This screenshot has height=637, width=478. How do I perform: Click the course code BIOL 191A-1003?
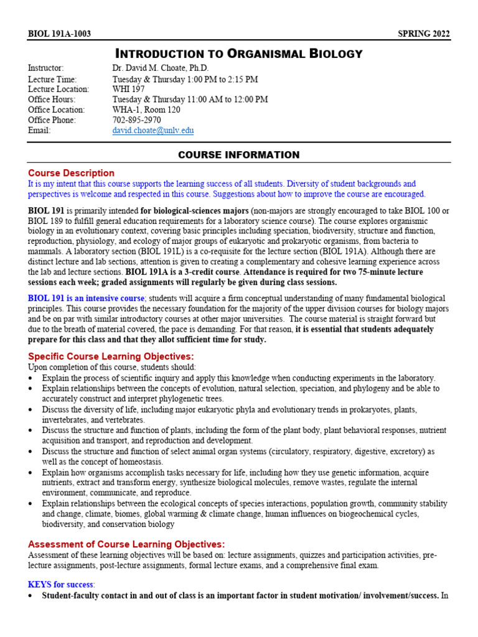point(59,34)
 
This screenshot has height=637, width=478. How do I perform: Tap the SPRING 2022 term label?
point(424,34)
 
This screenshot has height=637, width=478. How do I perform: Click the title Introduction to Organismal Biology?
point(239,53)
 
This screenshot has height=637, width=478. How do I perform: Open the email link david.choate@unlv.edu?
point(153,131)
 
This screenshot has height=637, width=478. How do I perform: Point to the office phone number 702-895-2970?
point(136,120)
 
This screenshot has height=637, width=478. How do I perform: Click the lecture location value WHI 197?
point(129,89)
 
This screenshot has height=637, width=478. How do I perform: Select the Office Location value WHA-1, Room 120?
point(146,110)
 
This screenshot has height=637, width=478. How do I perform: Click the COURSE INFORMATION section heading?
point(239,155)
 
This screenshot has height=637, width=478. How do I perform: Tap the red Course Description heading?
point(71,173)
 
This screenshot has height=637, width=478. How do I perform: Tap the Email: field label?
point(39,131)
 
